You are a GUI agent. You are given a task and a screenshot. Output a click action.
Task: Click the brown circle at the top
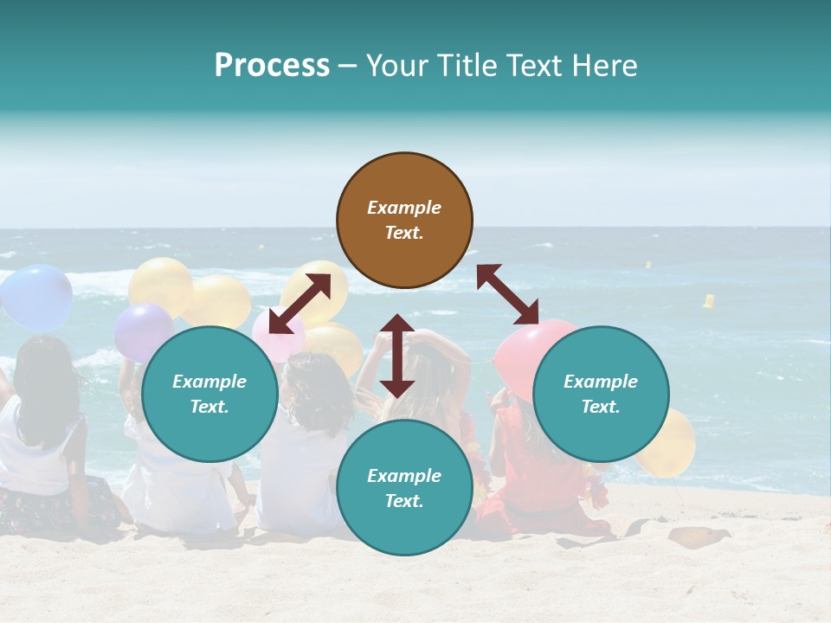pos(404,221)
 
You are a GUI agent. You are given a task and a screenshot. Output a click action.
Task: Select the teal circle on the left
pos(209,395)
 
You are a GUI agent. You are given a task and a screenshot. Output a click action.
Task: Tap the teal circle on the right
pos(601,395)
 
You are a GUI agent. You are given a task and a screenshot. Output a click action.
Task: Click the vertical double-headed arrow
pos(397,356)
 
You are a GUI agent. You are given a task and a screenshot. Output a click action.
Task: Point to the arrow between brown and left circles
pos(300,304)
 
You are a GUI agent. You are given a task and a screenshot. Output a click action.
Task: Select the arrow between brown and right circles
pos(507,294)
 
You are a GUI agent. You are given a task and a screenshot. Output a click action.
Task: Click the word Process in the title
pos(272,65)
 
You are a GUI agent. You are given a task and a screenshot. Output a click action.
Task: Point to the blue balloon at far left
pos(36,297)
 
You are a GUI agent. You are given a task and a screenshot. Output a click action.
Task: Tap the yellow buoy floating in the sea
pos(709,301)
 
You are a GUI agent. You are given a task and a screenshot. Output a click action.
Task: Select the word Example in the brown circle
pos(404,208)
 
